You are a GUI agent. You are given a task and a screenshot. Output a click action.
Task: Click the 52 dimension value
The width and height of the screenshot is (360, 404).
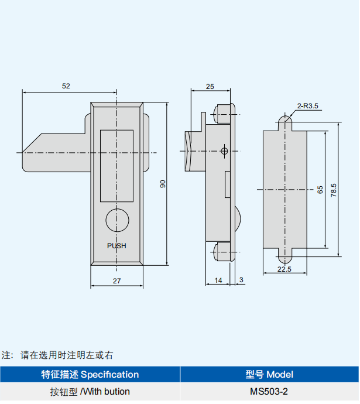(66, 86)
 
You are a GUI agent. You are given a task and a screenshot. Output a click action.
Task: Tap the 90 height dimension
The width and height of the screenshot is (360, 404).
(163, 184)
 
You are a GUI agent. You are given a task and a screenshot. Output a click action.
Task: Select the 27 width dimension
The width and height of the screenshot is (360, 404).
(116, 281)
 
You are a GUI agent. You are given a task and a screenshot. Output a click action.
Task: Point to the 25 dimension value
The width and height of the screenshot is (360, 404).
(210, 86)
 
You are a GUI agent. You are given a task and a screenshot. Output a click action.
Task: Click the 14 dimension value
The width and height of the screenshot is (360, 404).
(218, 280)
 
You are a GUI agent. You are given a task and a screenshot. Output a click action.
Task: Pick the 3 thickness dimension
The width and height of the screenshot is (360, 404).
(241, 280)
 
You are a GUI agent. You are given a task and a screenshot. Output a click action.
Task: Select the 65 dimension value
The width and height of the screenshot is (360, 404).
(320, 190)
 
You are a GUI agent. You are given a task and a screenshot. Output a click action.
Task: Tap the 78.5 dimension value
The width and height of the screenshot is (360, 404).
(334, 190)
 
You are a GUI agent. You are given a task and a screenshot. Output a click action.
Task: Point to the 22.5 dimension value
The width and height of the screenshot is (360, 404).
(284, 269)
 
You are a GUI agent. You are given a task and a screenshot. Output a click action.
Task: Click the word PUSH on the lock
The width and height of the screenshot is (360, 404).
(116, 246)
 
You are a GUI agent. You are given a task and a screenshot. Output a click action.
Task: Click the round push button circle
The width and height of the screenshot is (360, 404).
(117, 221)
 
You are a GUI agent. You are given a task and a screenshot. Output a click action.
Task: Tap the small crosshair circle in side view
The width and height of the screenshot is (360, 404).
(224, 151)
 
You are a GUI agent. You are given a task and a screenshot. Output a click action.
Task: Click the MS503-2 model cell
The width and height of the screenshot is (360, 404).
(269, 391)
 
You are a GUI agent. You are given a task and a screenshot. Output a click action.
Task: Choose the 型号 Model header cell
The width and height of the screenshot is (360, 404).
(269, 374)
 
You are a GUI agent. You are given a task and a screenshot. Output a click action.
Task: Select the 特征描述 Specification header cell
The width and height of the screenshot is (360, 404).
(90, 374)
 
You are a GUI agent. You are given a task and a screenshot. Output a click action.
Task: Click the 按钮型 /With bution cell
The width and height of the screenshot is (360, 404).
(90, 391)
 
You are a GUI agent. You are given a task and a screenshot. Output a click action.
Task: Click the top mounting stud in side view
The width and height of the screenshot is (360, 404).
(223, 112)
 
